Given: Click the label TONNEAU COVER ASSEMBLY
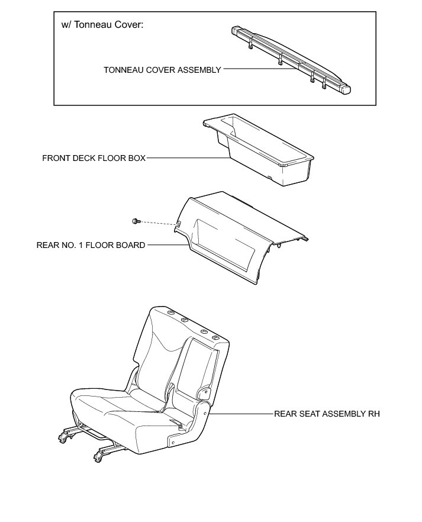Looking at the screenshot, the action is [x=162, y=70].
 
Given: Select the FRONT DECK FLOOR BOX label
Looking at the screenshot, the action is [x=94, y=159].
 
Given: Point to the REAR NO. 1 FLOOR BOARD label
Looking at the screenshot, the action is [x=91, y=245].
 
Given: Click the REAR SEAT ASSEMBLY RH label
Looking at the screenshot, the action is [x=327, y=414].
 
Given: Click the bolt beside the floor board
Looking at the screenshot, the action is [x=136, y=221].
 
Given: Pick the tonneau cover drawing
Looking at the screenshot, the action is [x=290, y=59].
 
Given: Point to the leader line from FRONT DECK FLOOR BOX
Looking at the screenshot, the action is [x=186, y=159].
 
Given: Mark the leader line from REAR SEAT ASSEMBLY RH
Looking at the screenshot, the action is [x=240, y=414].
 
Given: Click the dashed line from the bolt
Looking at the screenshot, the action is [x=157, y=223].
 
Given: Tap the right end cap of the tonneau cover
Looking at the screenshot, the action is [x=345, y=89].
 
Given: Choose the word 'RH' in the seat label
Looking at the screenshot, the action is [x=373, y=414].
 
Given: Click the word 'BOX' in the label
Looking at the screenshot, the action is [x=136, y=159].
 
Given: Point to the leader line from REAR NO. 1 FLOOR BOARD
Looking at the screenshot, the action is [x=162, y=244].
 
